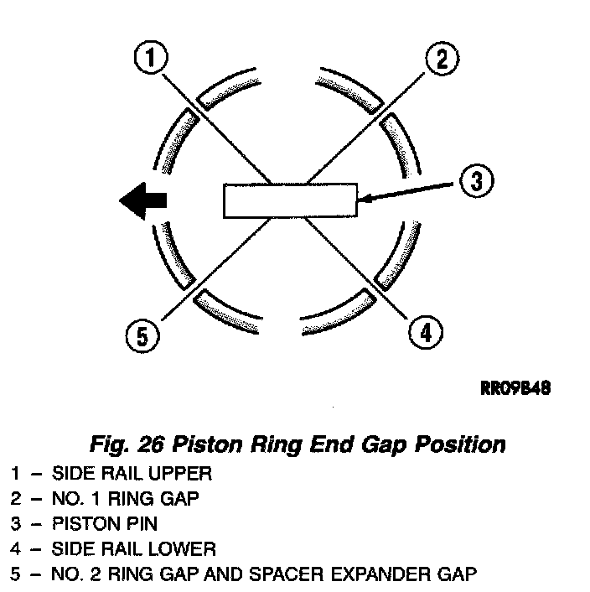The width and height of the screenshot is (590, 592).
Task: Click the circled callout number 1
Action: coord(151,60)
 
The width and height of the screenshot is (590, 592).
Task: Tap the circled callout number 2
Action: coord(441,60)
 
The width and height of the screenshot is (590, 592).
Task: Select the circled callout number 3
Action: coord(475,180)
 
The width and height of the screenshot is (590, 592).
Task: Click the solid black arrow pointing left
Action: coord(143,200)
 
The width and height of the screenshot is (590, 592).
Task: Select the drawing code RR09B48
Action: coord(515,389)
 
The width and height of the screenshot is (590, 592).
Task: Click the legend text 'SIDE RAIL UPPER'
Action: coord(132,473)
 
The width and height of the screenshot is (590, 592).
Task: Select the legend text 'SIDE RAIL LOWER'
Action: coord(132,549)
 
